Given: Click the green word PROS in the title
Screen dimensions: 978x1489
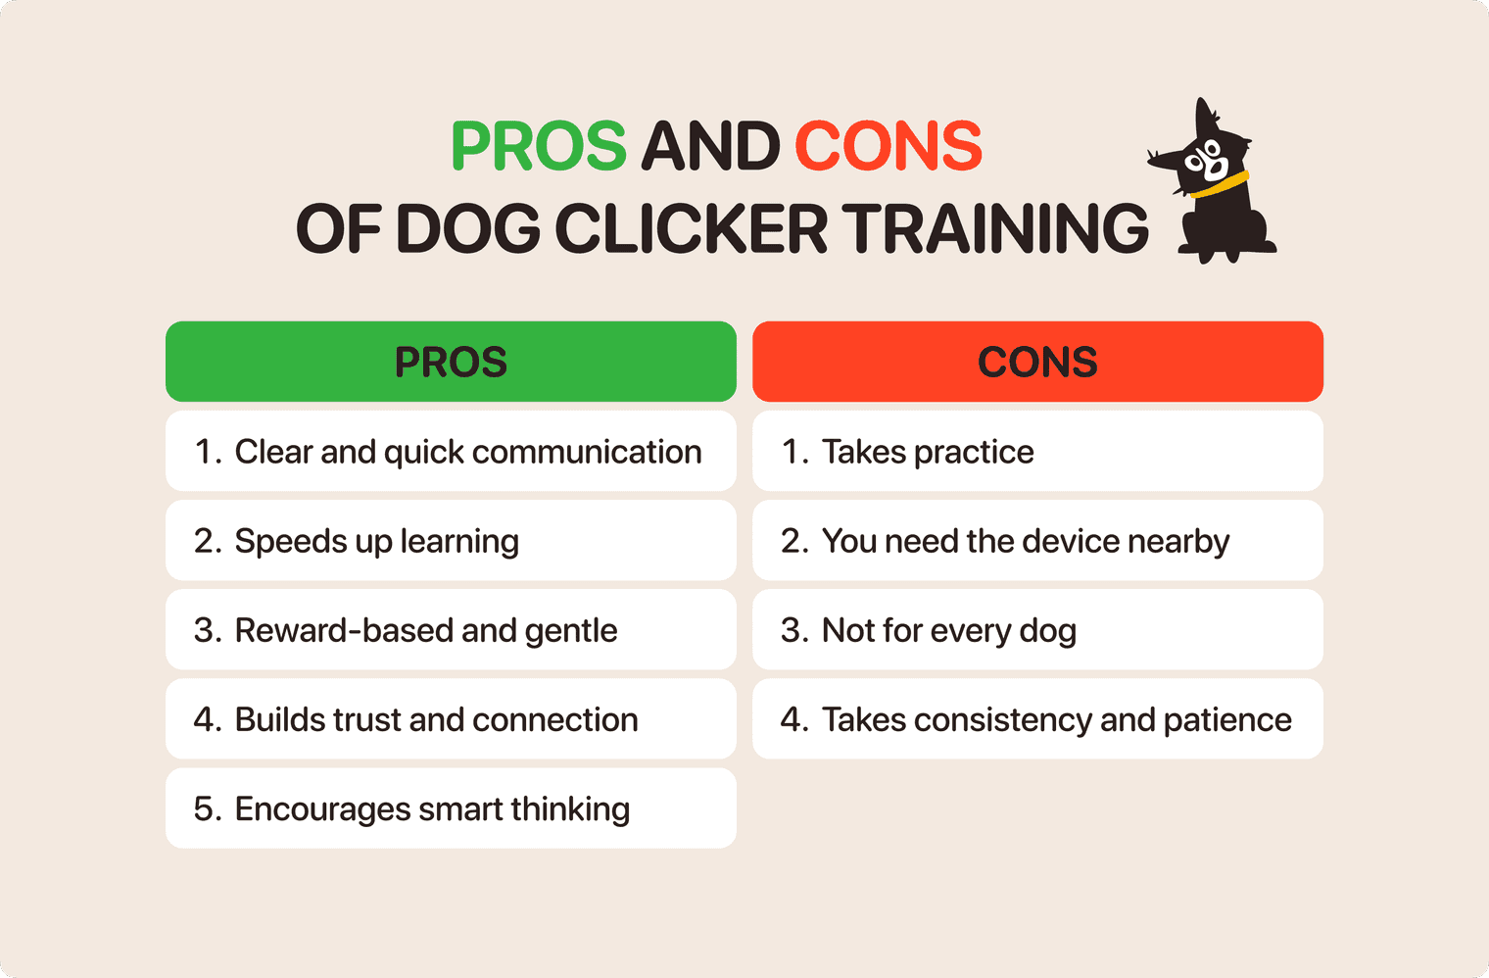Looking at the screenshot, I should click(x=538, y=147).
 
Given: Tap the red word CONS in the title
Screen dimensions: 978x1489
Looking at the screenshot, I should click(x=888, y=147).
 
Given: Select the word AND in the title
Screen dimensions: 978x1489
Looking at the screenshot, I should click(x=710, y=147).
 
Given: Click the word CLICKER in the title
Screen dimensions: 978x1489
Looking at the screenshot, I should click(x=692, y=229).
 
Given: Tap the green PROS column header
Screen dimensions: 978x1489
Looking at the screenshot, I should click(x=451, y=362).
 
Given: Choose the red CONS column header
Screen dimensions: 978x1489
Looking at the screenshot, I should click(x=1037, y=362).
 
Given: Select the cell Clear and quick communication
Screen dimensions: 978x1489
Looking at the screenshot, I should click(x=451, y=451).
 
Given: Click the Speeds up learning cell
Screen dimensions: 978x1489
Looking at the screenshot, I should click(x=451, y=540).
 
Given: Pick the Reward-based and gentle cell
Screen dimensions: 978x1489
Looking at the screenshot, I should click(x=451, y=629).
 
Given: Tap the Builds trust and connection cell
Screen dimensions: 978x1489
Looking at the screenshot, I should click(x=451, y=718).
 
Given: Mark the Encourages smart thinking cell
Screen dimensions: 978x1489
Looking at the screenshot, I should click(x=451, y=808).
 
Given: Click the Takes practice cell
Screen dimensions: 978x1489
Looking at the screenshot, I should click(x=1037, y=451).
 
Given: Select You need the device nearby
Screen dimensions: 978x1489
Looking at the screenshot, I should click(x=1037, y=540).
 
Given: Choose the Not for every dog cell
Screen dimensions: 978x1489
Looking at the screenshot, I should click(x=1037, y=629).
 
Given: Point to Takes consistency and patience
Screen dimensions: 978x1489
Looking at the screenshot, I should click(x=1037, y=718).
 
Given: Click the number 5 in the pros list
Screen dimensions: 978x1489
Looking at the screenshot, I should click(x=204, y=809).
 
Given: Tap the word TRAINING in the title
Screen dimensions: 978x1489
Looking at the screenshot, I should click(x=995, y=229).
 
